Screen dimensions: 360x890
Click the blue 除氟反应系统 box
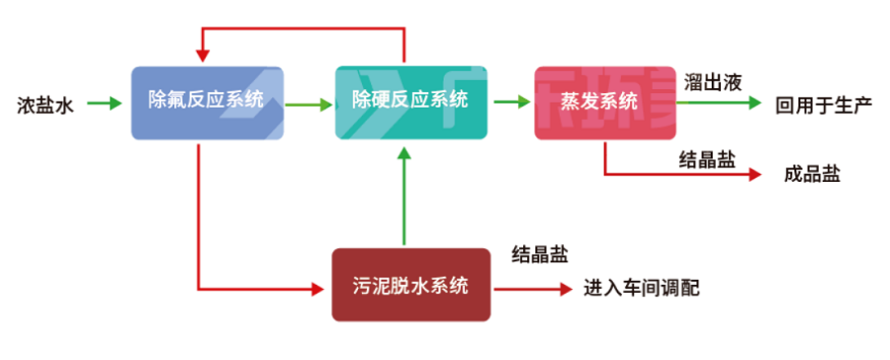pyautogui.click(x=207, y=102)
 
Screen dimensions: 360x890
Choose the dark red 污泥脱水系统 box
pyautogui.click(x=410, y=285)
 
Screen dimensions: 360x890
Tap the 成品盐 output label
pyautogui.click(x=811, y=174)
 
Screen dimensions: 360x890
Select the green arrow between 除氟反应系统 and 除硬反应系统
pyautogui.click(x=309, y=102)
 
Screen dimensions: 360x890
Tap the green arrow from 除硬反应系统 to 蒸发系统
pyautogui.click(x=509, y=102)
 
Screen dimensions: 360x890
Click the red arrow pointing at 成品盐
pyautogui.click(x=682, y=175)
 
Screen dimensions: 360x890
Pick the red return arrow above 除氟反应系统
pyautogui.click(x=302, y=28)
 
